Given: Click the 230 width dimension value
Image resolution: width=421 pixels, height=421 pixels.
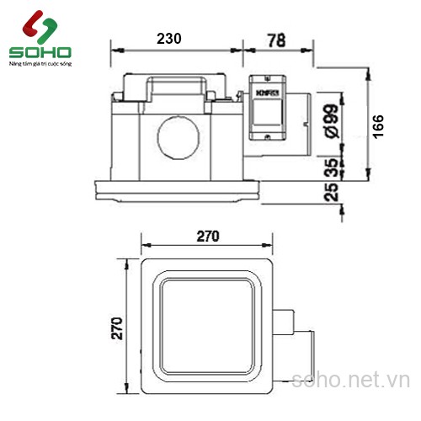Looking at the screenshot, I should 169,39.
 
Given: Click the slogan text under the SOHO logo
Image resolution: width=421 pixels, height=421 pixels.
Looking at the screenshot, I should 40,63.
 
